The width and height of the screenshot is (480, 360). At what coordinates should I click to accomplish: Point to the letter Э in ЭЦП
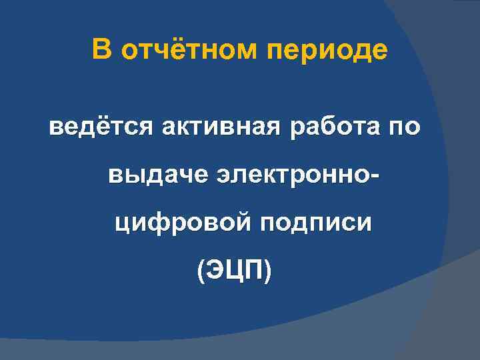tap(215, 270)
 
